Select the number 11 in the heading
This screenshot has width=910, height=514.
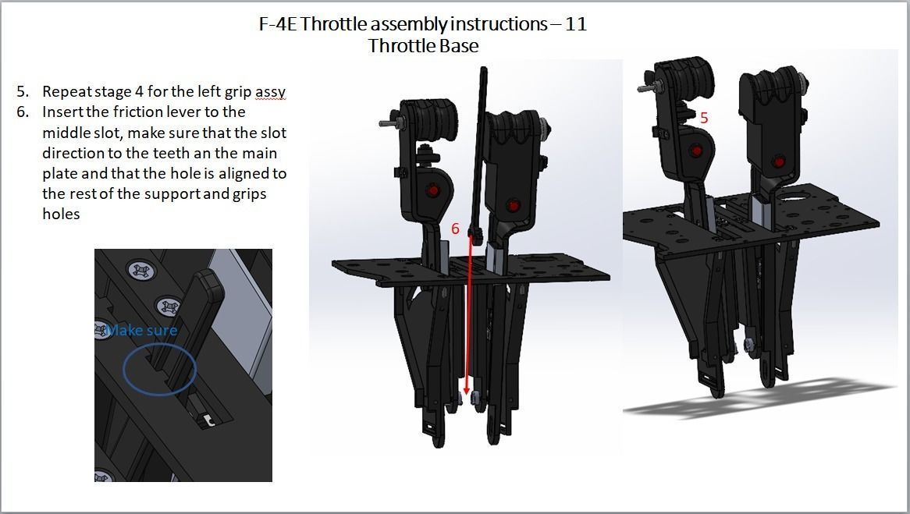pos(576,24)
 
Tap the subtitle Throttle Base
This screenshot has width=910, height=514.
pos(423,46)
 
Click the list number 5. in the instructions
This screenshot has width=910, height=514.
pos(23,92)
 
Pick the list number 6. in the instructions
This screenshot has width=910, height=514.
pos(23,112)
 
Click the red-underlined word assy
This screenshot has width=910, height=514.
pos(270,92)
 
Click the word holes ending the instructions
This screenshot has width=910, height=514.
pos(61,214)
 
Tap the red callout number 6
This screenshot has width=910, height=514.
pos(456,229)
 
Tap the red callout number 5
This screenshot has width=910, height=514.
pos(704,118)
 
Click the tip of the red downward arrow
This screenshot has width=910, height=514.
pos(467,393)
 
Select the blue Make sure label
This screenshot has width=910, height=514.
pos(142,330)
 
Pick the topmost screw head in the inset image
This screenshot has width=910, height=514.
pos(142,271)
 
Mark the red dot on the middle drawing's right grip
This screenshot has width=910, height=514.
pos(513,205)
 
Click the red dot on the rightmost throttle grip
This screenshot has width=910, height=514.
pos(778,161)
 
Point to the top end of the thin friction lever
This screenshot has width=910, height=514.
pos(484,71)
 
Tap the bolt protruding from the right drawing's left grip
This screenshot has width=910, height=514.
pos(646,89)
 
